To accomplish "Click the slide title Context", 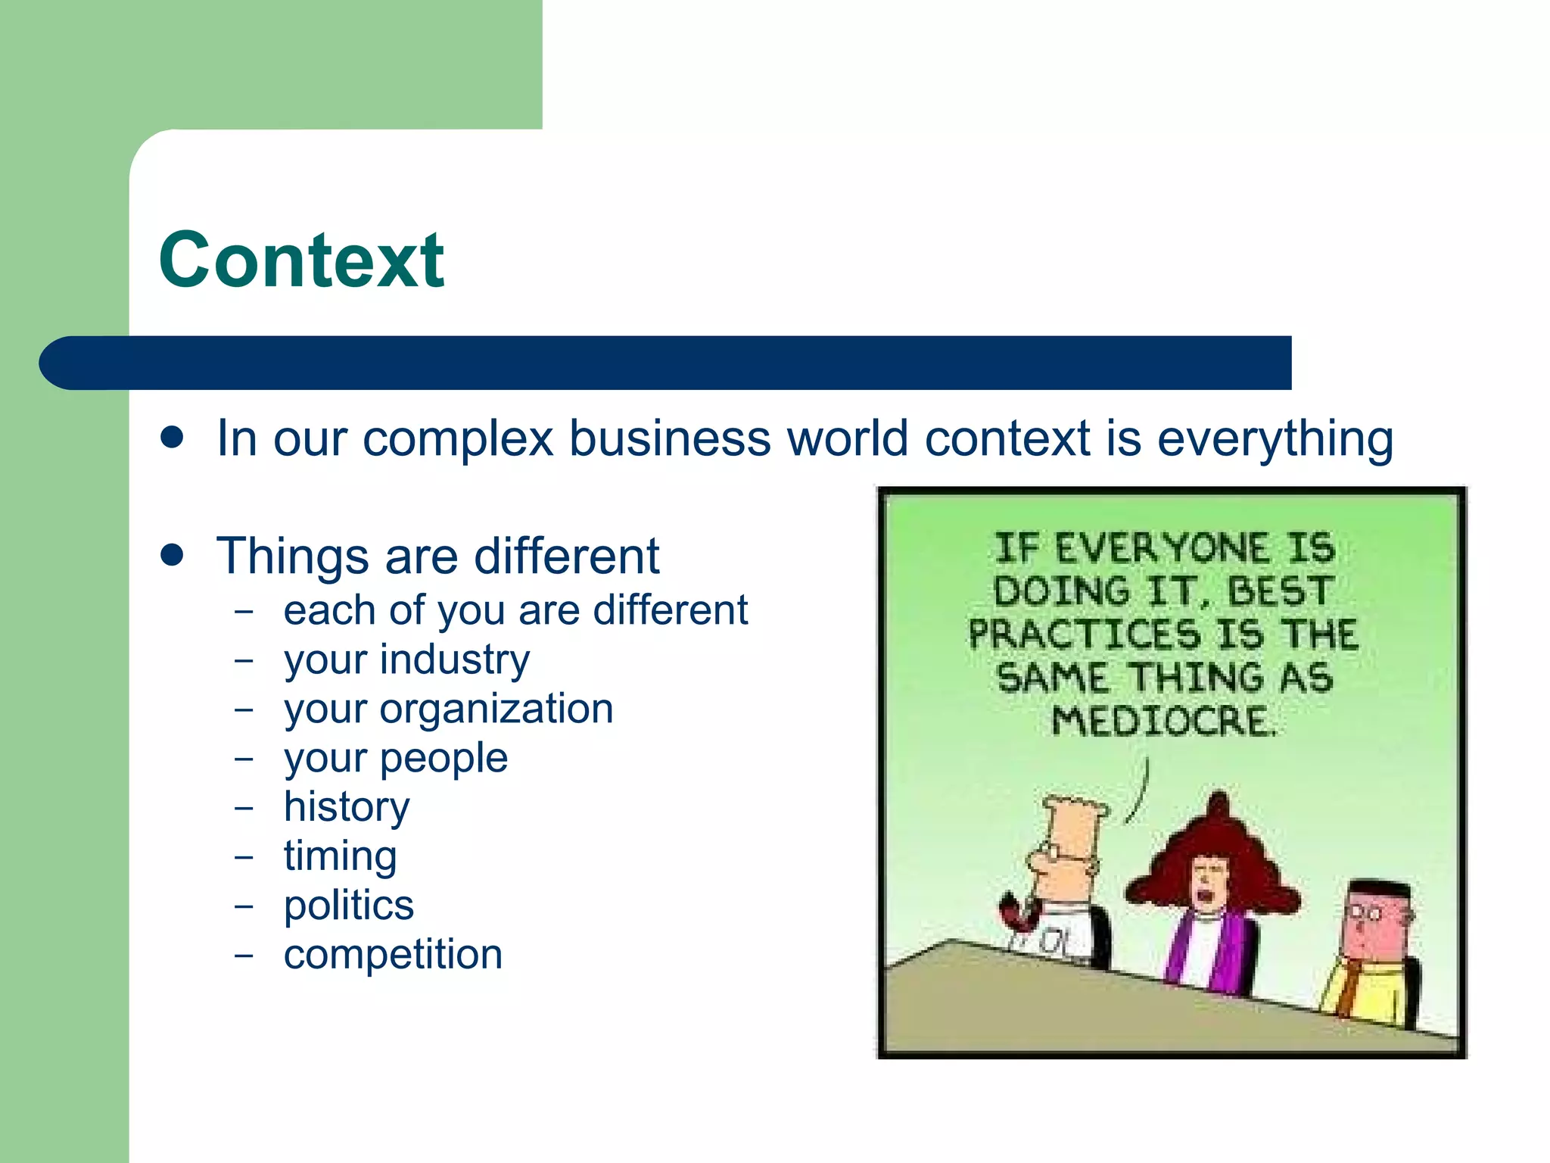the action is pos(301,260).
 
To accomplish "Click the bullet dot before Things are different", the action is pos(173,555).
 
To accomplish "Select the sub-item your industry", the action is pos(406,659).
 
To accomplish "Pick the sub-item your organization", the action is pos(448,709).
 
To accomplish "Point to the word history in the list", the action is pos(347,807).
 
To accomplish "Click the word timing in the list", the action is pos(340,856).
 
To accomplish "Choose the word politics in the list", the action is pos(349,906).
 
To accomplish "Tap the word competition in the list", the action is pos(393,955).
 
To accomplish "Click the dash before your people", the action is pos(243,759).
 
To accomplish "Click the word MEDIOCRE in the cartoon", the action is pos(1163,721).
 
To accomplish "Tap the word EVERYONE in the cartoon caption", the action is pos(1161,548).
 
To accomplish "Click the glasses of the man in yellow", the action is pos(1367,915).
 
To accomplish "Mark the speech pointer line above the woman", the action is pos(1140,792).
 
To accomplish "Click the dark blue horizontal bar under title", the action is pos(666,363).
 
